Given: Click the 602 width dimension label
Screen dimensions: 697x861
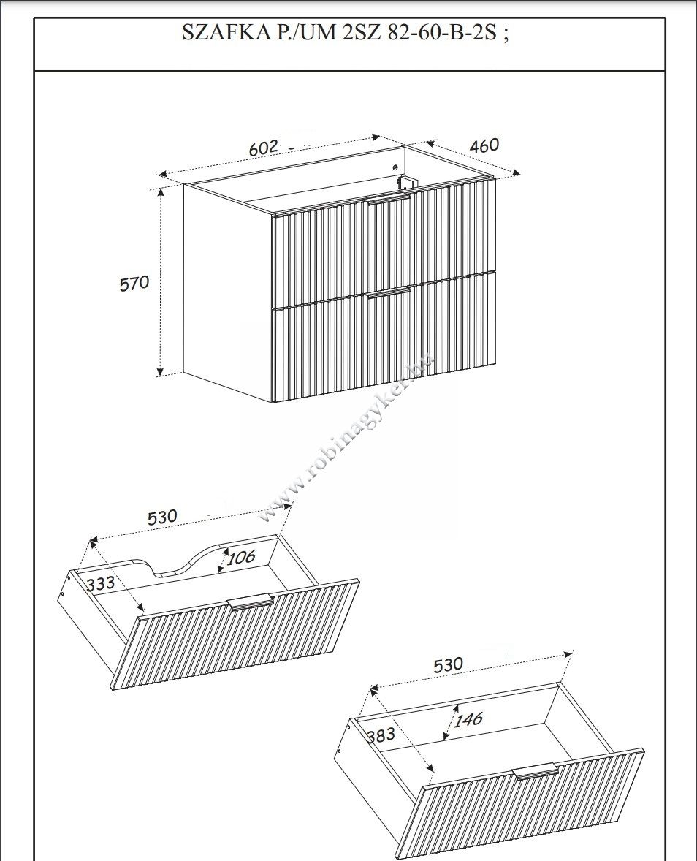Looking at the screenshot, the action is (264, 148).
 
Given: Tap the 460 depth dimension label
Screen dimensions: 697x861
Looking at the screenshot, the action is (484, 145).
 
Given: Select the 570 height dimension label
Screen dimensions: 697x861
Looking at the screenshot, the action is (134, 284).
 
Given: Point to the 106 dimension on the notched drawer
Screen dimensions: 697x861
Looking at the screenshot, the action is (241, 558).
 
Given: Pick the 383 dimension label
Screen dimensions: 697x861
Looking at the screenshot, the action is (381, 735).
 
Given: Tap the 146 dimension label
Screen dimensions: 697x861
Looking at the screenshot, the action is (468, 718).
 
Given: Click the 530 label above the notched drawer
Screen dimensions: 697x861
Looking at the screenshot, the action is (162, 517).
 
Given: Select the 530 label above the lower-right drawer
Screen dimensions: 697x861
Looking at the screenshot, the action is (449, 665).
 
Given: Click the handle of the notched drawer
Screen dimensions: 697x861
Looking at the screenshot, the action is (251, 602).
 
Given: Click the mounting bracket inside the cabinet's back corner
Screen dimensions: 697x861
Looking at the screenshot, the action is (405, 184).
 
